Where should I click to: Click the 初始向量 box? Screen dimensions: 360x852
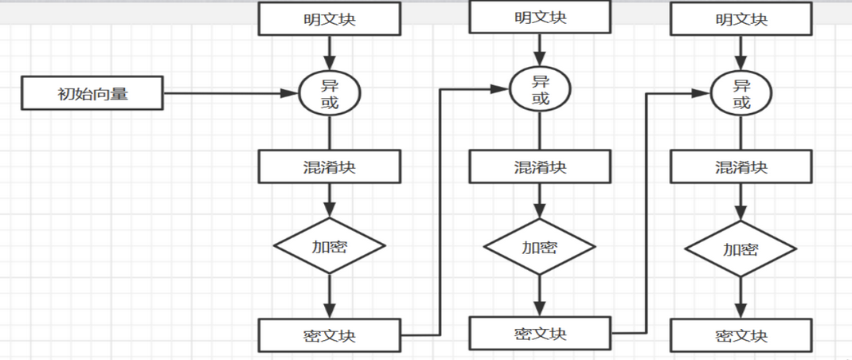[93, 94]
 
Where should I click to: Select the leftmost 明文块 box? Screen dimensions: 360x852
[329, 19]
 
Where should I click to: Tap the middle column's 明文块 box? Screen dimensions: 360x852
[540, 18]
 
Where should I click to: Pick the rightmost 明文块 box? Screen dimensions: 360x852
[741, 19]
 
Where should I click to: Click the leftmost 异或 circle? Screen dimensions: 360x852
[330, 94]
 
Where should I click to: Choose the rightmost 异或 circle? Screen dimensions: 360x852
[741, 94]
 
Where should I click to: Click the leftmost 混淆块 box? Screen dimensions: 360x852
[329, 167]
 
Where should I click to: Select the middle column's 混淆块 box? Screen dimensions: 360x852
[540, 167]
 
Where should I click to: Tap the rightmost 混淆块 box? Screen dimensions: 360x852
[741, 167]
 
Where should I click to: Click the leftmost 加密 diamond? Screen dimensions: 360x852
[329, 246]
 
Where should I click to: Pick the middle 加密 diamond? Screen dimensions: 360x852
[540, 246]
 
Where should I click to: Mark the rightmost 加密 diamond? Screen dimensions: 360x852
[741, 249]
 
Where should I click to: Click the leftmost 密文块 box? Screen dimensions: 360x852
[329, 335]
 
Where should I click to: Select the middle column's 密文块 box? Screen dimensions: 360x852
[540, 333]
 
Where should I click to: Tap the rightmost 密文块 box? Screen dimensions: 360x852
[741, 335]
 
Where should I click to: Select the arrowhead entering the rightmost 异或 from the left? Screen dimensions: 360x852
[703, 94]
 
